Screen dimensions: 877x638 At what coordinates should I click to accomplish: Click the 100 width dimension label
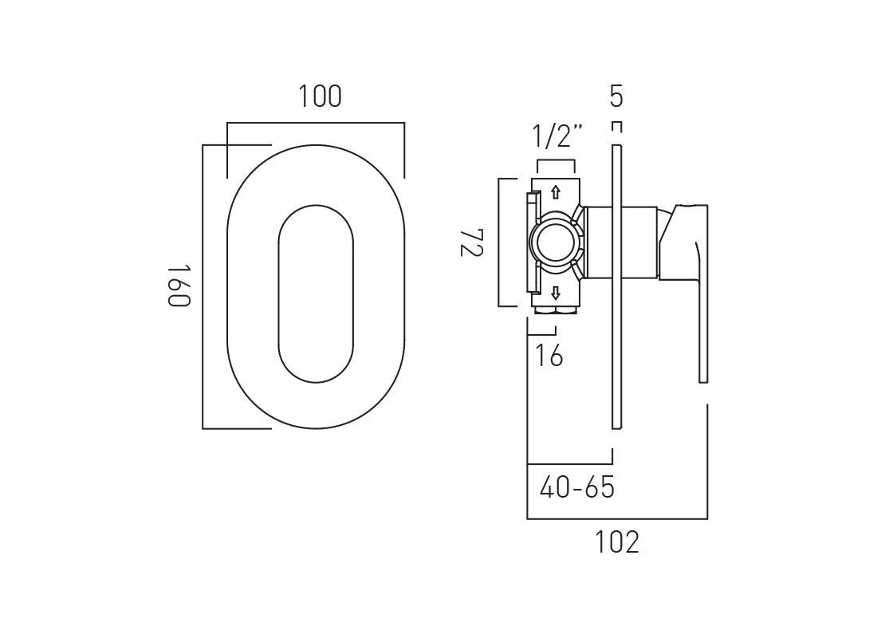(320, 96)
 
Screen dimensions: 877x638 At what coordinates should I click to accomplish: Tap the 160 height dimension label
(179, 286)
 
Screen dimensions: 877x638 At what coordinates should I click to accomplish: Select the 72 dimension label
(471, 242)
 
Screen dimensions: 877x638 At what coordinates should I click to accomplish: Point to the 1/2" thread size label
(557, 136)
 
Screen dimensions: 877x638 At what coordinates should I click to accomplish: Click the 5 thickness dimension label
(615, 96)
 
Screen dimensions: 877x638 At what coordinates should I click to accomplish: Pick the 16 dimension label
(549, 355)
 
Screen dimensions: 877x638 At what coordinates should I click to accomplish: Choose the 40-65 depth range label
(576, 487)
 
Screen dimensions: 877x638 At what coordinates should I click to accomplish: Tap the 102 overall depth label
(615, 542)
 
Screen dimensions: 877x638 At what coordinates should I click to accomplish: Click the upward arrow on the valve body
(556, 192)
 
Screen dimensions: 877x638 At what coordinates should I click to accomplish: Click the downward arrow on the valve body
(556, 293)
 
